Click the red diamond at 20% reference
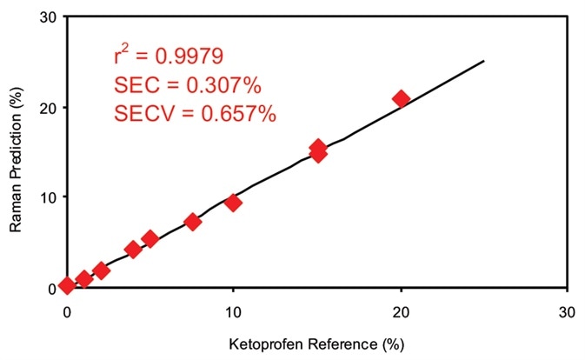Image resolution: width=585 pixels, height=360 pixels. point(401,98)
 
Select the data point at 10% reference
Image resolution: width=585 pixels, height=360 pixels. point(233,203)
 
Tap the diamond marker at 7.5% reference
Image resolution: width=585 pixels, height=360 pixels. point(193,222)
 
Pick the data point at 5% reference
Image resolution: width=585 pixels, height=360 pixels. point(150,238)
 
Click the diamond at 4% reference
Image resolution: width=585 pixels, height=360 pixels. point(133,250)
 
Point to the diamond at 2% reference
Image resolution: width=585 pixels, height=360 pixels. point(101,270)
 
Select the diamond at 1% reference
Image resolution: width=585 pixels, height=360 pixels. point(84,279)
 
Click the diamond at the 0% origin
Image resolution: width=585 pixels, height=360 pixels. point(67,286)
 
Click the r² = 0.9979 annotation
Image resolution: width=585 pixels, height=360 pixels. point(169,57)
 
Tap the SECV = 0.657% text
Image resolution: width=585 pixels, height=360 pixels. point(195,114)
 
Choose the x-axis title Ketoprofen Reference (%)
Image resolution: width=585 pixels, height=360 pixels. point(317,345)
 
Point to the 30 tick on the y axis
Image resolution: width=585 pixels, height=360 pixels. point(46,17)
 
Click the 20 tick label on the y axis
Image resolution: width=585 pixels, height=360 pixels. point(46,108)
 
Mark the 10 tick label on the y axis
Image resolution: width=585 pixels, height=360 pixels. point(46,197)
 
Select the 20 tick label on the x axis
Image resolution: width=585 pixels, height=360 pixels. point(401,310)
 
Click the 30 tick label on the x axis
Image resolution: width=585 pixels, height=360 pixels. point(567,310)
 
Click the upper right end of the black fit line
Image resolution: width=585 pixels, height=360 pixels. point(483,61)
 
